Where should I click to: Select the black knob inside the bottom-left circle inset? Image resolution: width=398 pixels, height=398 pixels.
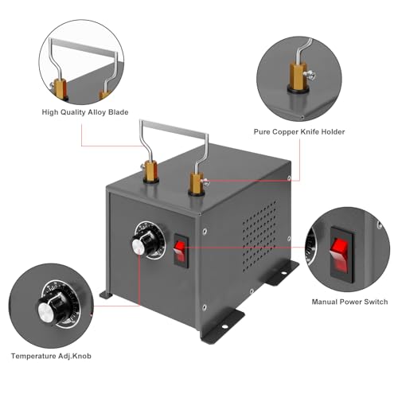(45, 309)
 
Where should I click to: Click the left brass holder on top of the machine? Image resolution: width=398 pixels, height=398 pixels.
(152, 172)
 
